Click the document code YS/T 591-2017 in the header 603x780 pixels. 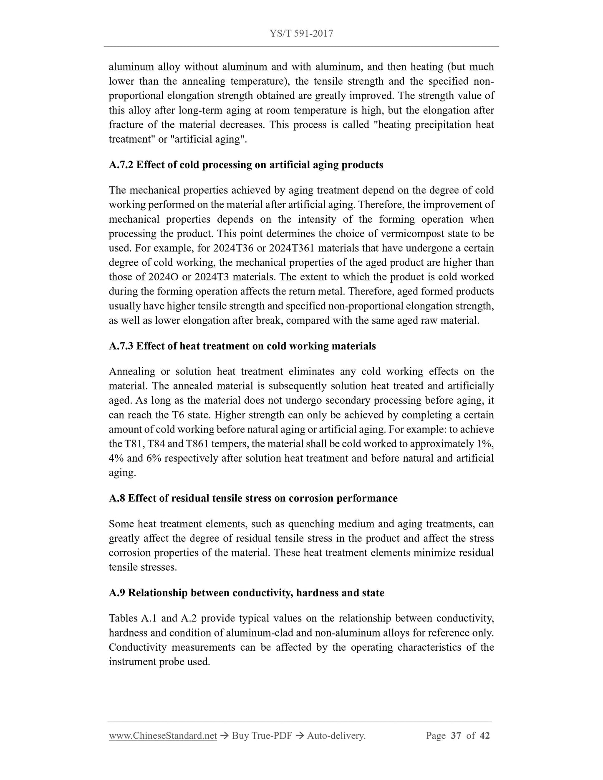point(301,34)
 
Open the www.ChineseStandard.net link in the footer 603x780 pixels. point(163,736)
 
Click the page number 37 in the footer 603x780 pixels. point(456,736)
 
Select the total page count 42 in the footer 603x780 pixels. point(484,736)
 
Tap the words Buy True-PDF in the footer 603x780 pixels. point(262,736)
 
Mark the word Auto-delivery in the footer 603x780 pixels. point(336,736)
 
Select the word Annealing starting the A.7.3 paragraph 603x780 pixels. point(132,372)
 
